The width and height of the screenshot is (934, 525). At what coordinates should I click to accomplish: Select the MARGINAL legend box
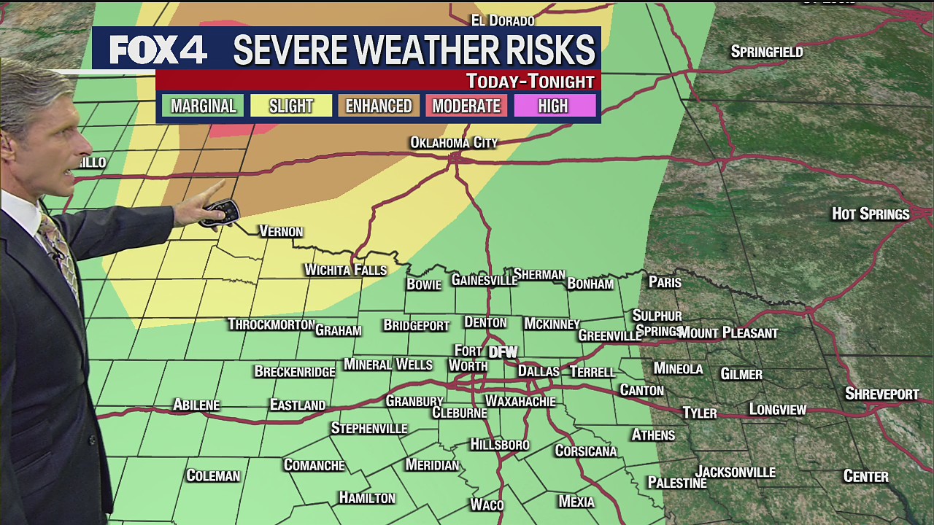[203, 106]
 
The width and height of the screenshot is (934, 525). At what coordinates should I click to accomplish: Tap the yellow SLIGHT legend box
[291, 106]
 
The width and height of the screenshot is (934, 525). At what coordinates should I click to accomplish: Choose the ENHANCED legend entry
[379, 106]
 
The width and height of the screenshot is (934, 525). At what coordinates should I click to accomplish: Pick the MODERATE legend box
[466, 106]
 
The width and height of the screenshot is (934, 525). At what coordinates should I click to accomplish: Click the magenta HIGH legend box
[554, 106]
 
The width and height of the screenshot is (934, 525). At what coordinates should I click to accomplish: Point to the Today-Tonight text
[530, 81]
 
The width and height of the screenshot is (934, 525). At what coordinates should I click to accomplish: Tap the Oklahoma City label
[453, 142]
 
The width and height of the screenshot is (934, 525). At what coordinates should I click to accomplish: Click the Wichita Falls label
[345, 270]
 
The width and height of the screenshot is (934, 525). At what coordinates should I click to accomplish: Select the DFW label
[503, 352]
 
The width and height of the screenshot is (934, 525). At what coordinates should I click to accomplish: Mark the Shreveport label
[881, 394]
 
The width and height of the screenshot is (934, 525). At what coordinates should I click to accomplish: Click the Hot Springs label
[871, 214]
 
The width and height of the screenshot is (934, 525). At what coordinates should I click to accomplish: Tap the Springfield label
[766, 52]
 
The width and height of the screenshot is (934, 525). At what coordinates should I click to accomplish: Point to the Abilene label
[196, 405]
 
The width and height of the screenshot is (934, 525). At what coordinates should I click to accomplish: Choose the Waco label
[486, 505]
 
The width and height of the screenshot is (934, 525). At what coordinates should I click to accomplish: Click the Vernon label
[281, 231]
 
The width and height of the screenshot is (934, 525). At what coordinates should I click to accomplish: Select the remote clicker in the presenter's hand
[220, 212]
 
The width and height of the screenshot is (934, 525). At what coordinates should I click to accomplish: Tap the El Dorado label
[503, 20]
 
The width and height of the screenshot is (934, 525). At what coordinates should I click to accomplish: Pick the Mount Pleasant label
[727, 333]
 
